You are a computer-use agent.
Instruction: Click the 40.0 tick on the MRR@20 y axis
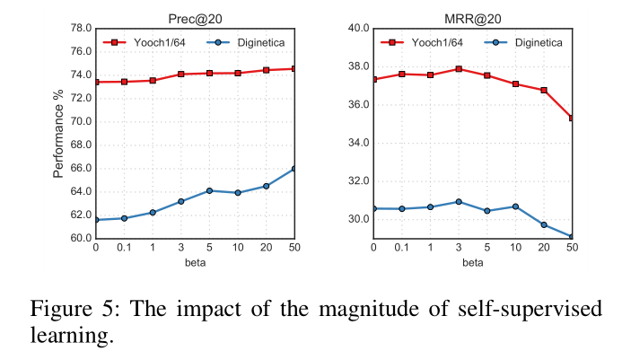pos(359,29)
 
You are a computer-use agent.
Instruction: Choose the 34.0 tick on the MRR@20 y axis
pos(359,143)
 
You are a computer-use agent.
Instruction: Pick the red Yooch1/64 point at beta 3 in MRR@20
pos(459,68)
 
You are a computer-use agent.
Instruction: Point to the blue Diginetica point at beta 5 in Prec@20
pos(209,190)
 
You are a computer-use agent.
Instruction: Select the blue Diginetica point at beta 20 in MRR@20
pos(544,224)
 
